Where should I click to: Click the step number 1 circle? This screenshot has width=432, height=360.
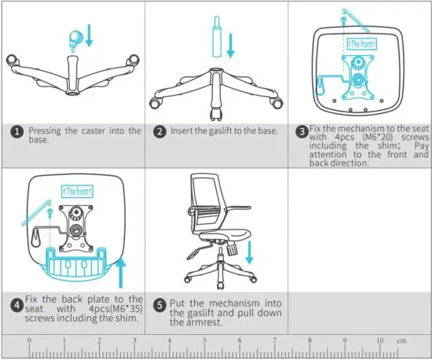pos(16,131)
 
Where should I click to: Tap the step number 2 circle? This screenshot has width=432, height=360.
pos(160,131)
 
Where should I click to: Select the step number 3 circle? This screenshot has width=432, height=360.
pos(300,131)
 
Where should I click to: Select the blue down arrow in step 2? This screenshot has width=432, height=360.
pos(230,42)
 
